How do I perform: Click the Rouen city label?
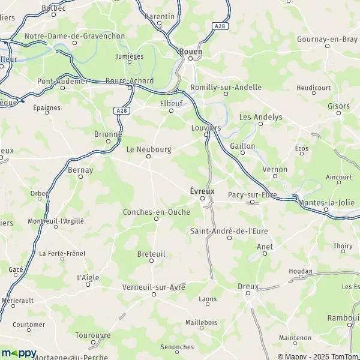[192, 52]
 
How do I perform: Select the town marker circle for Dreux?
[253, 293]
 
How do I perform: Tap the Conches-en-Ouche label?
[156, 212]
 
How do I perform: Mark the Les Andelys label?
[260, 117]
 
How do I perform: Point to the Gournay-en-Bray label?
[326, 39]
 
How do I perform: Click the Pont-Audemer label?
[63, 81]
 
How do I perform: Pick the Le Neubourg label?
[149, 149]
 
